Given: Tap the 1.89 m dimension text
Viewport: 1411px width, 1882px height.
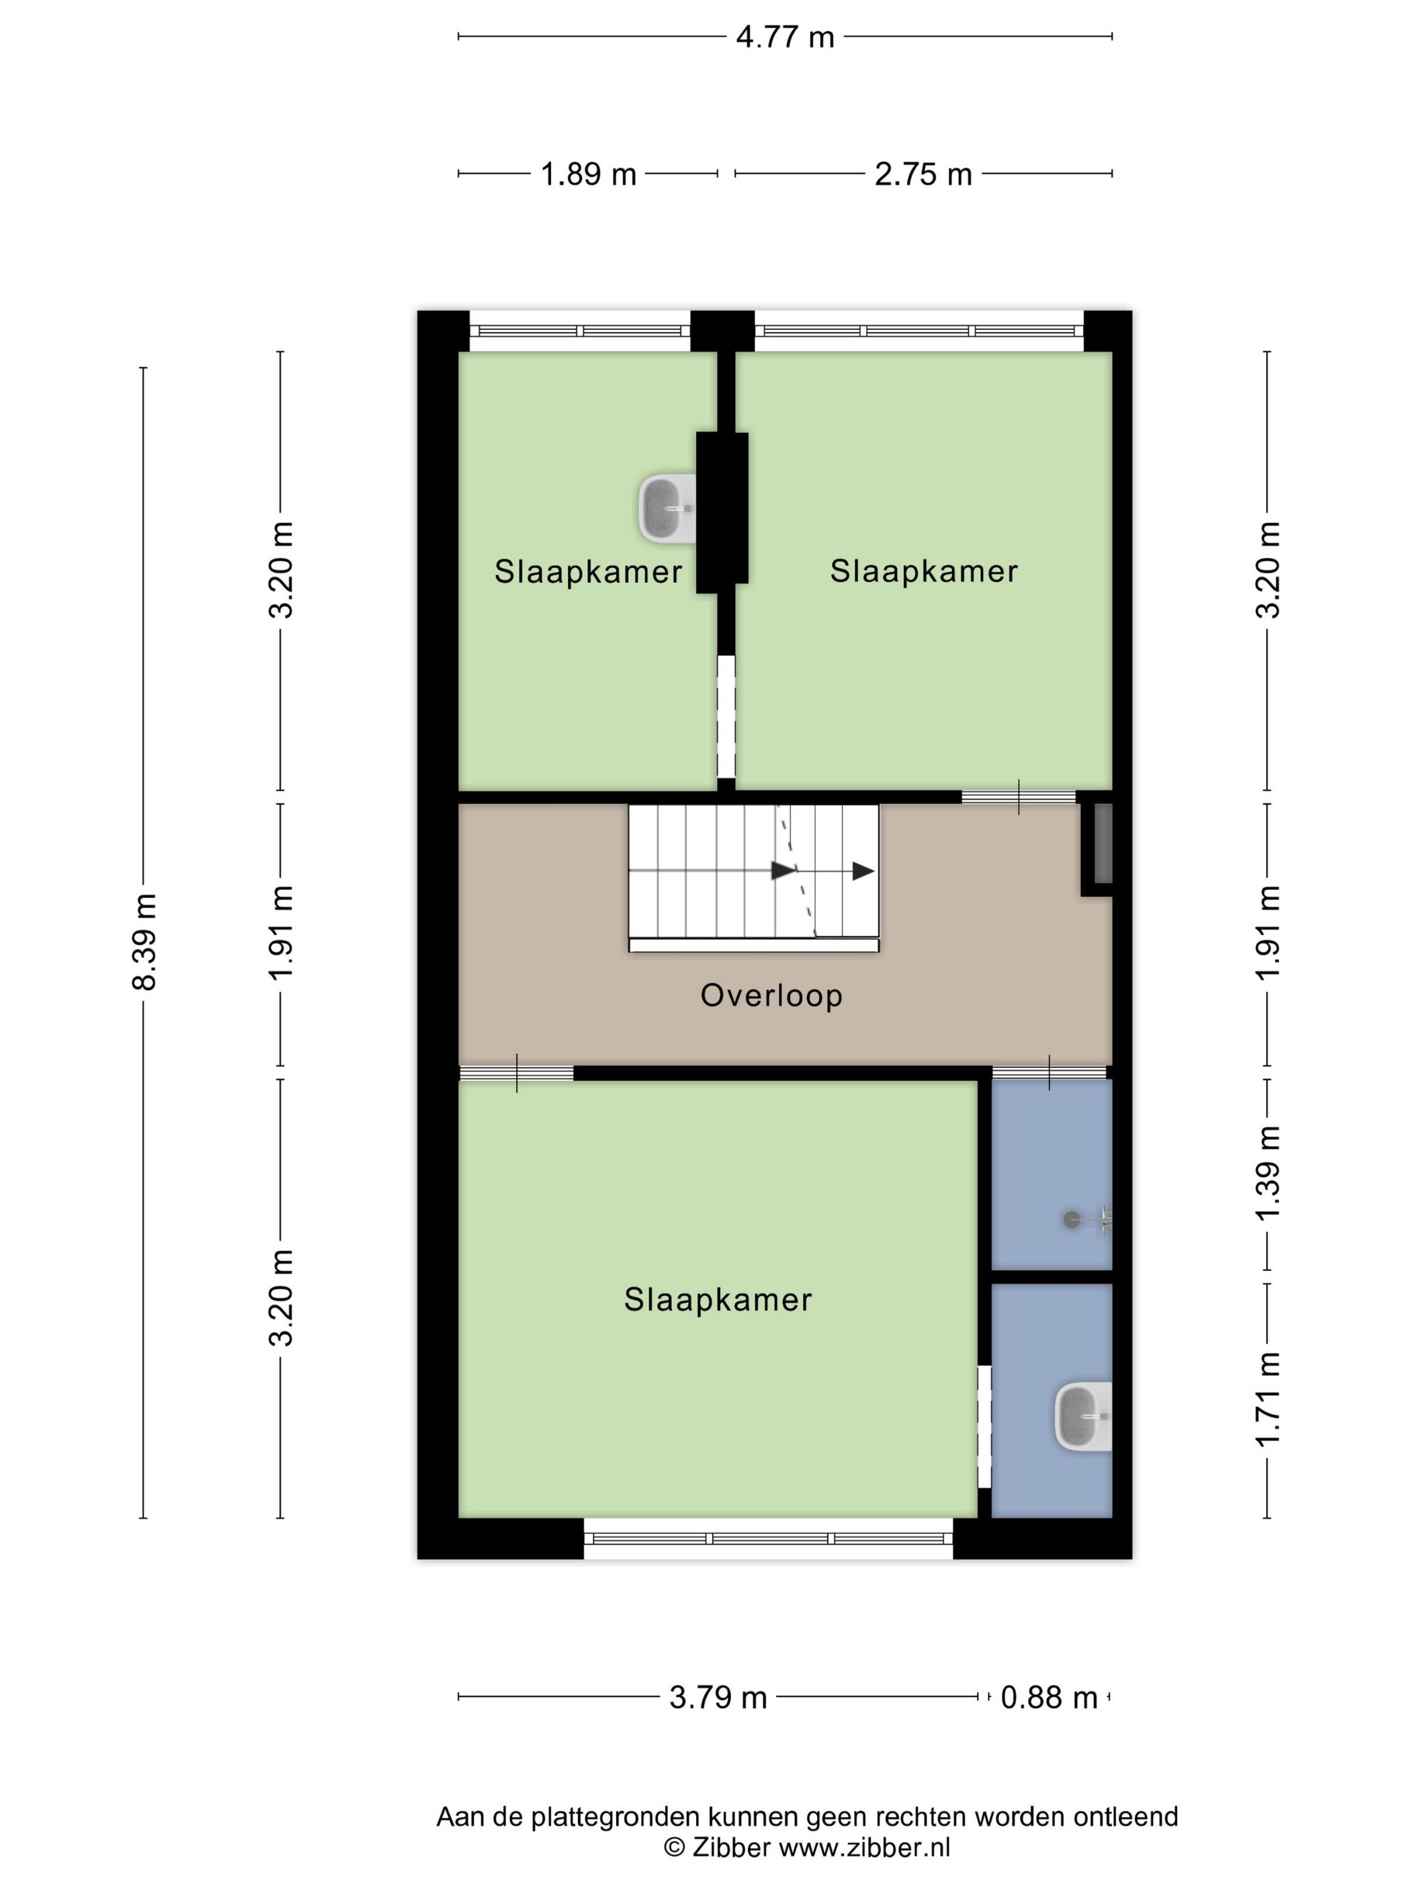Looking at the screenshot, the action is click(x=589, y=174).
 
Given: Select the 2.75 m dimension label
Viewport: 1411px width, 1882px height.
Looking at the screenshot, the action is click(x=923, y=174).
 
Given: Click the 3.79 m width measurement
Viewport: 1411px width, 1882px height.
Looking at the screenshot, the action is click(x=718, y=1697).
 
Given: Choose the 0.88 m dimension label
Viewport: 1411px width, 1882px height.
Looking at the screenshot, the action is click(x=1049, y=1697).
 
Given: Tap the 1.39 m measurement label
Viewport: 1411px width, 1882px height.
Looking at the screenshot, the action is click(x=1268, y=1172).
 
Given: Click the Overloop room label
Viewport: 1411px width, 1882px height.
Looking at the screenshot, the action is click(x=771, y=995).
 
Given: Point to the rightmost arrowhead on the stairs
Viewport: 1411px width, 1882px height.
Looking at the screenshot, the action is click(x=863, y=871).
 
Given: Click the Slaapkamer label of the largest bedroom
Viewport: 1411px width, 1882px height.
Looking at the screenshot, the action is click(x=718, y=1299).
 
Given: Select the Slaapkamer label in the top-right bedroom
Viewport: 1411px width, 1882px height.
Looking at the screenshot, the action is click(x=924, y=571).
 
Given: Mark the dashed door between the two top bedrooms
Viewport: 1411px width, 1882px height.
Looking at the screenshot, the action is click(x=726, y=716).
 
